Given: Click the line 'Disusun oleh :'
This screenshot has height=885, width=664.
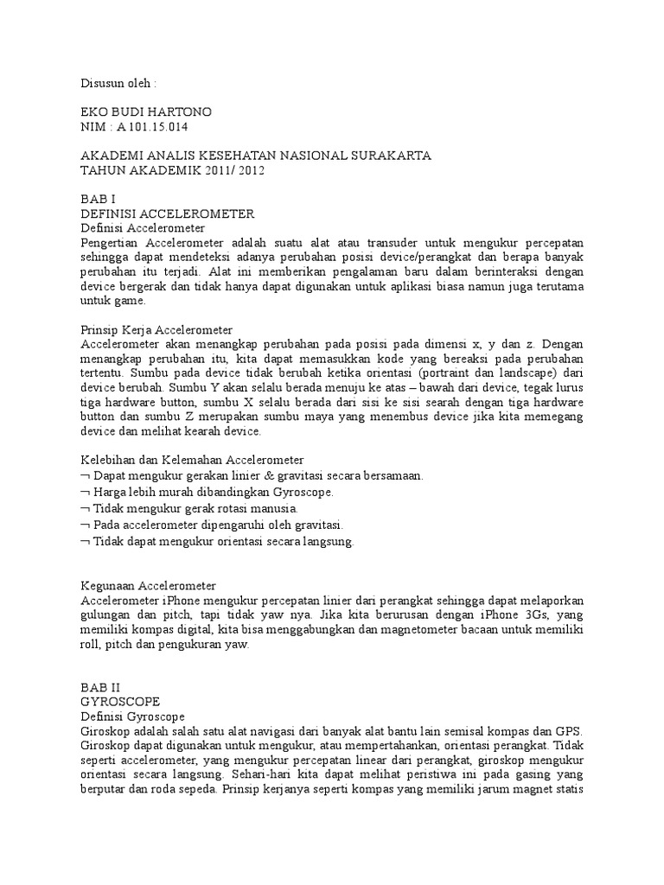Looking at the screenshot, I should pos(119,84).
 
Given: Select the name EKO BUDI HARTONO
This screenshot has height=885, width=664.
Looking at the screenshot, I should pos(146,112).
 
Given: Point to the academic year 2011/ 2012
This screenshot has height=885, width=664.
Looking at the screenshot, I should pos(233,170).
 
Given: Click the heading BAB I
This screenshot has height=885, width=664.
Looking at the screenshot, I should pos(97,199).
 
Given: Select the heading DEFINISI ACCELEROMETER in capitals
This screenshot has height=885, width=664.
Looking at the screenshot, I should pos(166,213).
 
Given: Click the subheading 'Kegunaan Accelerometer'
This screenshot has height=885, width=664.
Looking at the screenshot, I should pos(147,585).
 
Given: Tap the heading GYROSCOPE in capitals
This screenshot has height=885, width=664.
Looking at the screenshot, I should pos(120,702).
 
